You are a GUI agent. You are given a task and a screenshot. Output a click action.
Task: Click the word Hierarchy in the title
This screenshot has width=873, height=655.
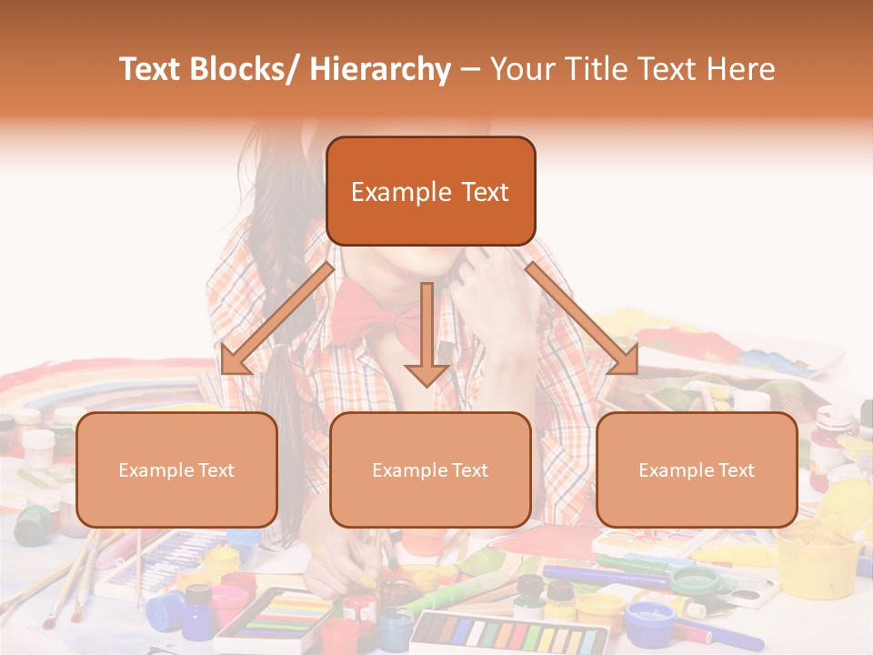[380, 70]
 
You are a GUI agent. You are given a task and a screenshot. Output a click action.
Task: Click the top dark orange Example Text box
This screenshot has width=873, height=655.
[430, 192]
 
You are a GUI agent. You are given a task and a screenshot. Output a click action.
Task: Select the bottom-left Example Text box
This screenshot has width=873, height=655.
[176, 470]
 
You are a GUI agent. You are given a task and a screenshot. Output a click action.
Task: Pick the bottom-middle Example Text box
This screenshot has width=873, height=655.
[430, 470]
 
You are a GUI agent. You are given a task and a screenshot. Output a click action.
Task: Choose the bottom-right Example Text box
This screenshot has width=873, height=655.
[697, 470]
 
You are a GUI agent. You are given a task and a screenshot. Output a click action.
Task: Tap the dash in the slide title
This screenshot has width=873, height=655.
[470, 70]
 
